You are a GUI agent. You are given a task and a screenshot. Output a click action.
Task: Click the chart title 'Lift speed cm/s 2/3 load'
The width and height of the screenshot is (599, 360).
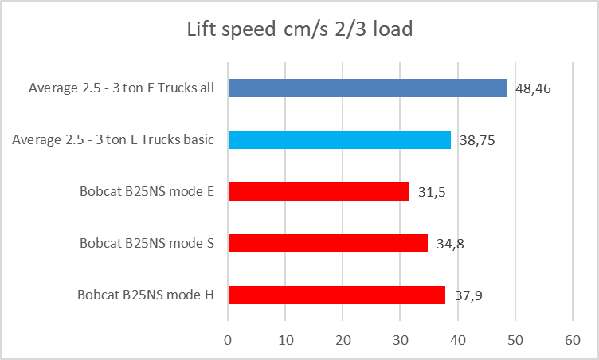tap(299, 30)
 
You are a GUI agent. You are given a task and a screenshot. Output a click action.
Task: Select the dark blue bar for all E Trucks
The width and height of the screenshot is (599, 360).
tap(367, 88)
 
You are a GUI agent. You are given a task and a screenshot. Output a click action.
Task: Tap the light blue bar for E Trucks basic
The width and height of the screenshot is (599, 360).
tap(339, 139)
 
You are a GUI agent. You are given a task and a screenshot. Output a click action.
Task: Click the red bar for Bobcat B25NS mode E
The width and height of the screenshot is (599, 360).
tap(319, 191)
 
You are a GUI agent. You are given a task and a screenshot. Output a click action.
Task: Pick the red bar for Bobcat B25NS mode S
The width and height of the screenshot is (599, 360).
tap(328, 243)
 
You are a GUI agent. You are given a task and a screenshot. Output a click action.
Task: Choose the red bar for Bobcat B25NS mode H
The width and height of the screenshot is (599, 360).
tap(337, 295)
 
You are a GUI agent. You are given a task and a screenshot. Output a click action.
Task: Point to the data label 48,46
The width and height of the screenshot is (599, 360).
tap(532, 88)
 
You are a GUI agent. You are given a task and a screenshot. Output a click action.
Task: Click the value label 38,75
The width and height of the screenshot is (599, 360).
tap(476, 139)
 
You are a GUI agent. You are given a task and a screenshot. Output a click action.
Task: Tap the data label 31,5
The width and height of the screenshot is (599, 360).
tap(432, 192)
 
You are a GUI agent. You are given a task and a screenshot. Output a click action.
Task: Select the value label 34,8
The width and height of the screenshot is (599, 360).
tap(451, 244)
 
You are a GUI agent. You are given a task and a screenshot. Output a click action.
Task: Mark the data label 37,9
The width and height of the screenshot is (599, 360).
tap(469, 295)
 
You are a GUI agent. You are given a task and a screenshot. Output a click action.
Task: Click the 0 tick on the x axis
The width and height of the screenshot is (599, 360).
tap(229, 340)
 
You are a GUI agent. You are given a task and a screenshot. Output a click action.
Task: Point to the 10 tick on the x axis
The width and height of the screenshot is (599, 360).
tap(286, 340)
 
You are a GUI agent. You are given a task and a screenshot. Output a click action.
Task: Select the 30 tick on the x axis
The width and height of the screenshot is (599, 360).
tap(401, 340)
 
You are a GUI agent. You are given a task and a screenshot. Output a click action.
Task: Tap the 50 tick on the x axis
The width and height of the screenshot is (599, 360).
tap(515, 340)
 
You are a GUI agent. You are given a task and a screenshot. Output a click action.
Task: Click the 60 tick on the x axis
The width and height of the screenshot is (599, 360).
tap(573, 340)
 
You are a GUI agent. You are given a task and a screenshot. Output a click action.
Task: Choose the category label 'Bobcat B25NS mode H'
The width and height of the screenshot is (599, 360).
tap(146, 295)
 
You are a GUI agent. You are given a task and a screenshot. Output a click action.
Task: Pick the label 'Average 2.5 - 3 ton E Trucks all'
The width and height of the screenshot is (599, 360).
tap(122, 88)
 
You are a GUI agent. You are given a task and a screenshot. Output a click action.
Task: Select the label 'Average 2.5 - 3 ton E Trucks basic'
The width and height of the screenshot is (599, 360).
tap(113, 139)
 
